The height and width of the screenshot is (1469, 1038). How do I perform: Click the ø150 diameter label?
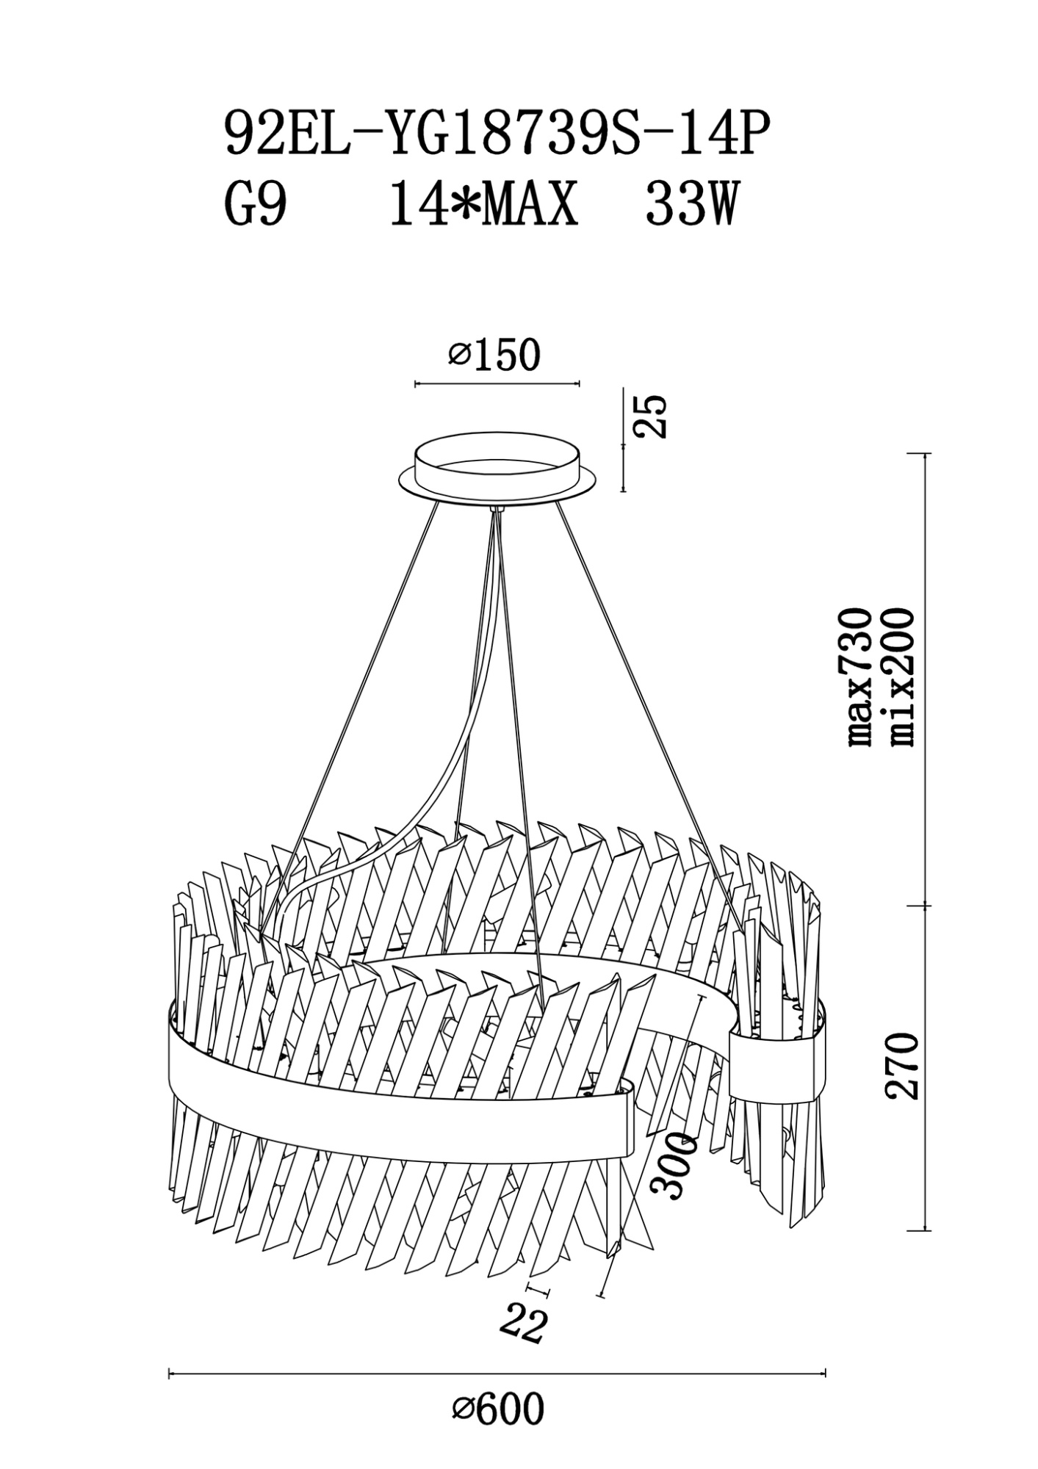click(x=494, y=355)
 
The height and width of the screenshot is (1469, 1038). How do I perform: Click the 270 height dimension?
click(x=902, y=1066)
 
